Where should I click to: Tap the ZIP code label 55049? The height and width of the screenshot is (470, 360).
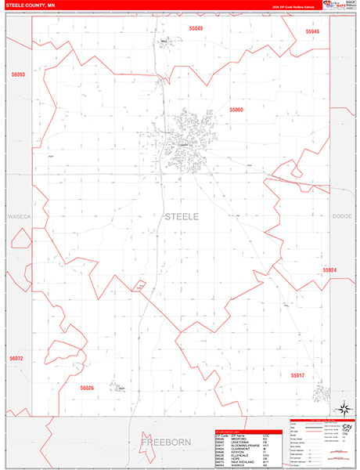pyautogui.click(x=196, y=28)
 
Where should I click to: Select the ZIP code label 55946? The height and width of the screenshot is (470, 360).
pyautogui.click(x=313, y=31)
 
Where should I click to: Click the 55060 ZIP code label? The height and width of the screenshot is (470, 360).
pyautogui.click(x=236, y=110)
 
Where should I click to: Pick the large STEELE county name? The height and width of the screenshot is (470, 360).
pyautogui.click(x=182, y=215)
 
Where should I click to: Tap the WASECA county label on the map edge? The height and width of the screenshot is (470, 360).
pyautogui.click(x=17, y=215)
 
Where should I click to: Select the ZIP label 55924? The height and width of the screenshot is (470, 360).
pyautogui.click(x=329, y=269)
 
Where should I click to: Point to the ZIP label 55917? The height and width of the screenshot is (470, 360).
pyautogui.click(x=297, y=353)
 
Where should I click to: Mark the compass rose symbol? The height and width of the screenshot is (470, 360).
pyautogui.click(x=341, y=407)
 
